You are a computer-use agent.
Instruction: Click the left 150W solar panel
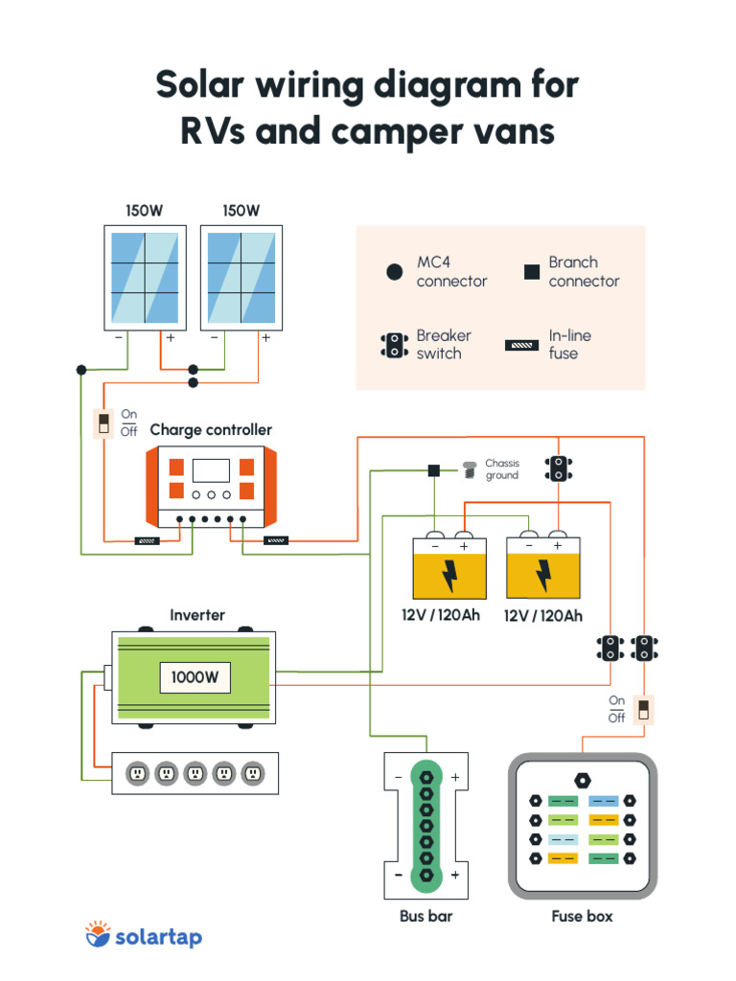click(x=145, y=278)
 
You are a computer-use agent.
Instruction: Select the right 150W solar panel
click(x=241, y=278)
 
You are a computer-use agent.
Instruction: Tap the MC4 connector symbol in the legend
click(x=394, y=272)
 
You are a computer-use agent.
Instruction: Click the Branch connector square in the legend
click(x=531, y=272)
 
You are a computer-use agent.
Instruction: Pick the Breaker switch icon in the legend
click(x=394, y=345)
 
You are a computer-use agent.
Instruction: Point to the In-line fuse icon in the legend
click(x=522, y=345)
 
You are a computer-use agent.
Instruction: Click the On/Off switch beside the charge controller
click(x=103, y=423)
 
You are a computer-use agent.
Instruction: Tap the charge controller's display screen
click(x=211, y=470)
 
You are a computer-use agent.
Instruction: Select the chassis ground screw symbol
click(x=470, y=469)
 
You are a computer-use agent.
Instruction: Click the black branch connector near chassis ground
click(x=433, y=470)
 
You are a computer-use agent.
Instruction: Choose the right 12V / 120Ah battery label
click(x=542, y=616)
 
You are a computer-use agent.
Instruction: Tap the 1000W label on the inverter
click(x=195, y=678)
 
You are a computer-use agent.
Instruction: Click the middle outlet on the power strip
click(x=195, y=772)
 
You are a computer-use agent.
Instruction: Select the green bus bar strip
click(x=425, y=826)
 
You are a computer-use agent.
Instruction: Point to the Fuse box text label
click(x=582, y=917)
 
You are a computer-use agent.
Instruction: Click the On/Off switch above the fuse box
click(x=644, y=710)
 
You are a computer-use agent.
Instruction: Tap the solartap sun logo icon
click(x=98, y=934)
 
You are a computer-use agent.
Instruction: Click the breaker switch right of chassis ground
click(x=558, y=468)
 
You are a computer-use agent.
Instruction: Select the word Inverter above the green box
click(x=197, y=615)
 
